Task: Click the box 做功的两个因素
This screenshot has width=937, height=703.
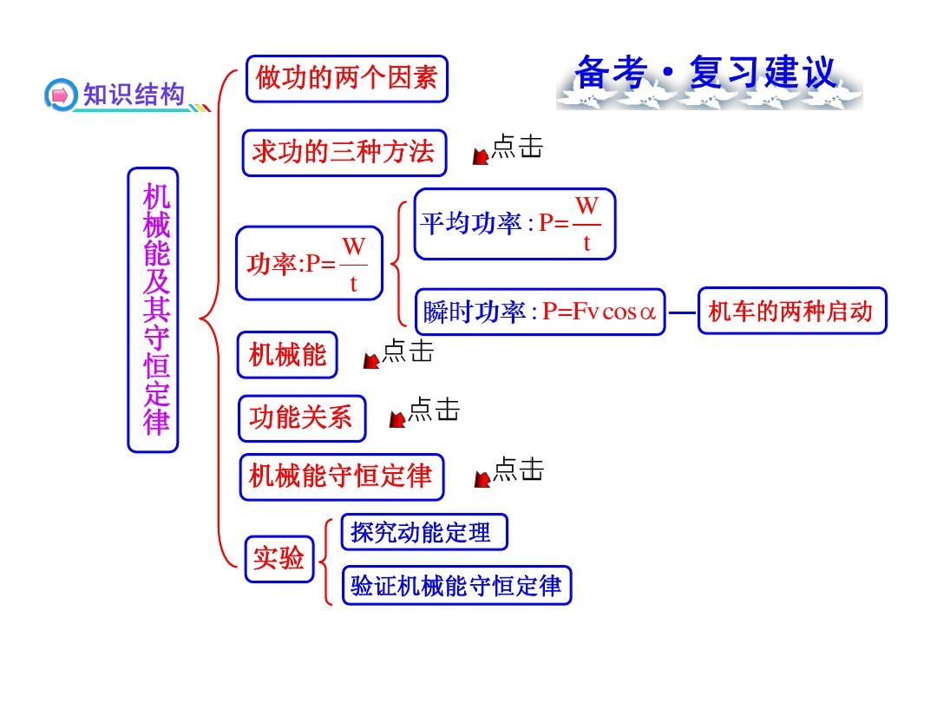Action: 346,79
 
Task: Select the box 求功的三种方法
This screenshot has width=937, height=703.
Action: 344,153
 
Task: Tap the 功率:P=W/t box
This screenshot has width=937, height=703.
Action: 309,263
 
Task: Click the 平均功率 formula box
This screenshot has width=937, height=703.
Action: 514,224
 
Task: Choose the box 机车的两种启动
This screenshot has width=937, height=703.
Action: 792,311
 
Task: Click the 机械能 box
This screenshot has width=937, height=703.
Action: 287,355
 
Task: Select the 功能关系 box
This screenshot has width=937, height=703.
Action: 302,418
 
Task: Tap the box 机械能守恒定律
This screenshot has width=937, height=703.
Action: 342,477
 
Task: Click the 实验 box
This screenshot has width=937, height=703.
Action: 279,560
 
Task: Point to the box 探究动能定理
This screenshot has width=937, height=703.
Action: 424,532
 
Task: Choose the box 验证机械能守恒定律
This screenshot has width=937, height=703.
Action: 456,586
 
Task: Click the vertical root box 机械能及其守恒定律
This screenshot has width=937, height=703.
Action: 153,310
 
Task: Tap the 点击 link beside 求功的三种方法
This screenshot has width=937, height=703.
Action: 508,148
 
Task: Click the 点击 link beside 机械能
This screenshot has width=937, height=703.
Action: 398,352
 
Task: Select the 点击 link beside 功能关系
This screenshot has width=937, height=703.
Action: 424,411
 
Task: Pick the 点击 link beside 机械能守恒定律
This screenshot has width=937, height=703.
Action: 509,471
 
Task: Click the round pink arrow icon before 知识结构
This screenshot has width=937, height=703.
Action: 61,95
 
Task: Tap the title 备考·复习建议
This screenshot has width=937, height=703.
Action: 705,73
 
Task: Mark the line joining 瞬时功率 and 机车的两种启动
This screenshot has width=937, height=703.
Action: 682,312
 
